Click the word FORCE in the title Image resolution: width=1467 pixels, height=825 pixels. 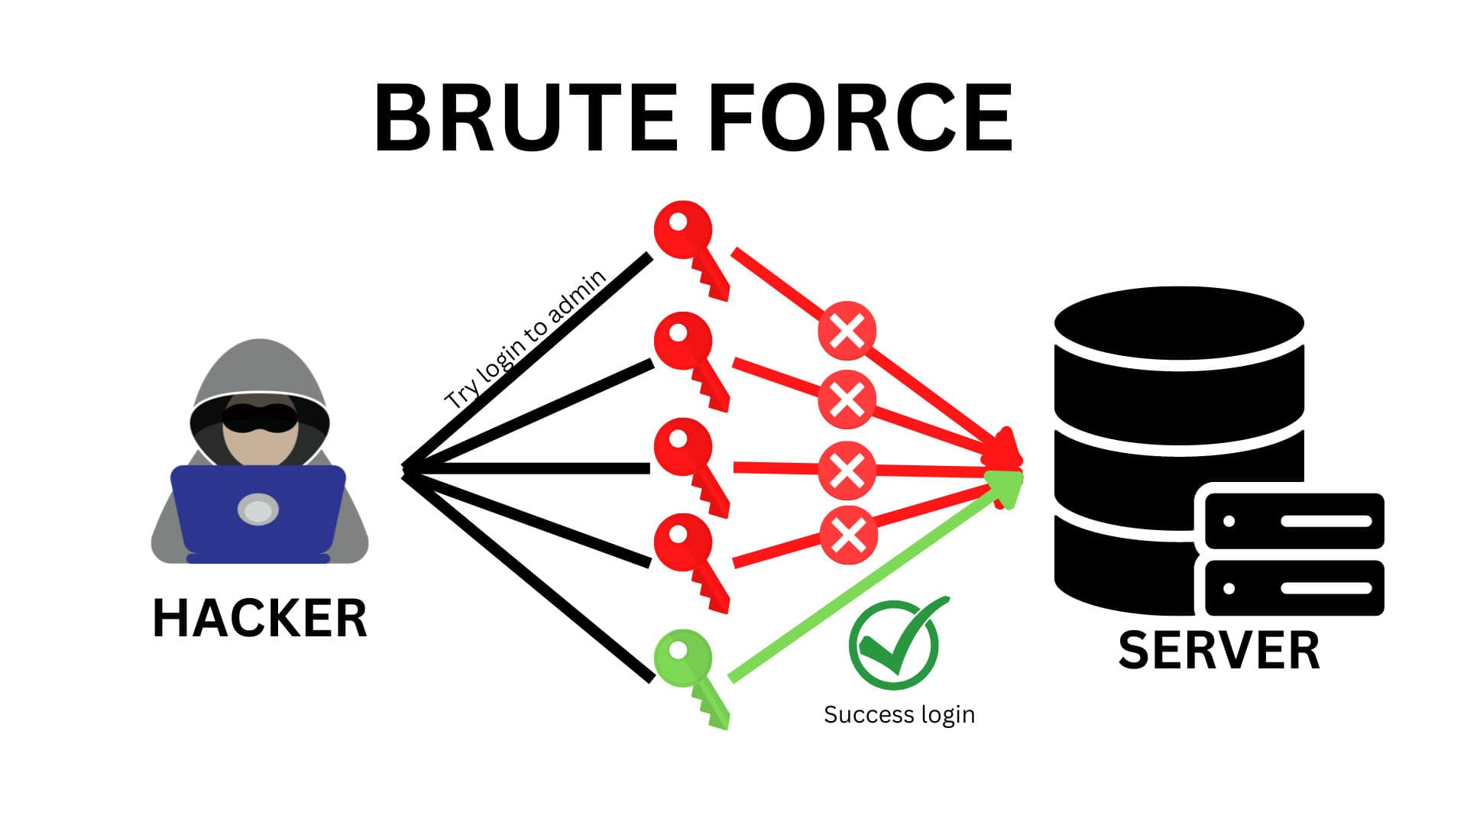coord(861,119)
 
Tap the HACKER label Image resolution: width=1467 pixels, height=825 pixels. coord(260,618)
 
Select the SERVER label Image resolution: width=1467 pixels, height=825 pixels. coord(1219,651)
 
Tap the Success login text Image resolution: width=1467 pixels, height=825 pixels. coord(899,714)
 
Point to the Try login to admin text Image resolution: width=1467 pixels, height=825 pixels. coord(526,339)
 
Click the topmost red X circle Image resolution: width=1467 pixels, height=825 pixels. coord(847,331)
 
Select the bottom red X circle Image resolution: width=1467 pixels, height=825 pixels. coord(848,534)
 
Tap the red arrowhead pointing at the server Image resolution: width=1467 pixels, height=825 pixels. coord(1007,451)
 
